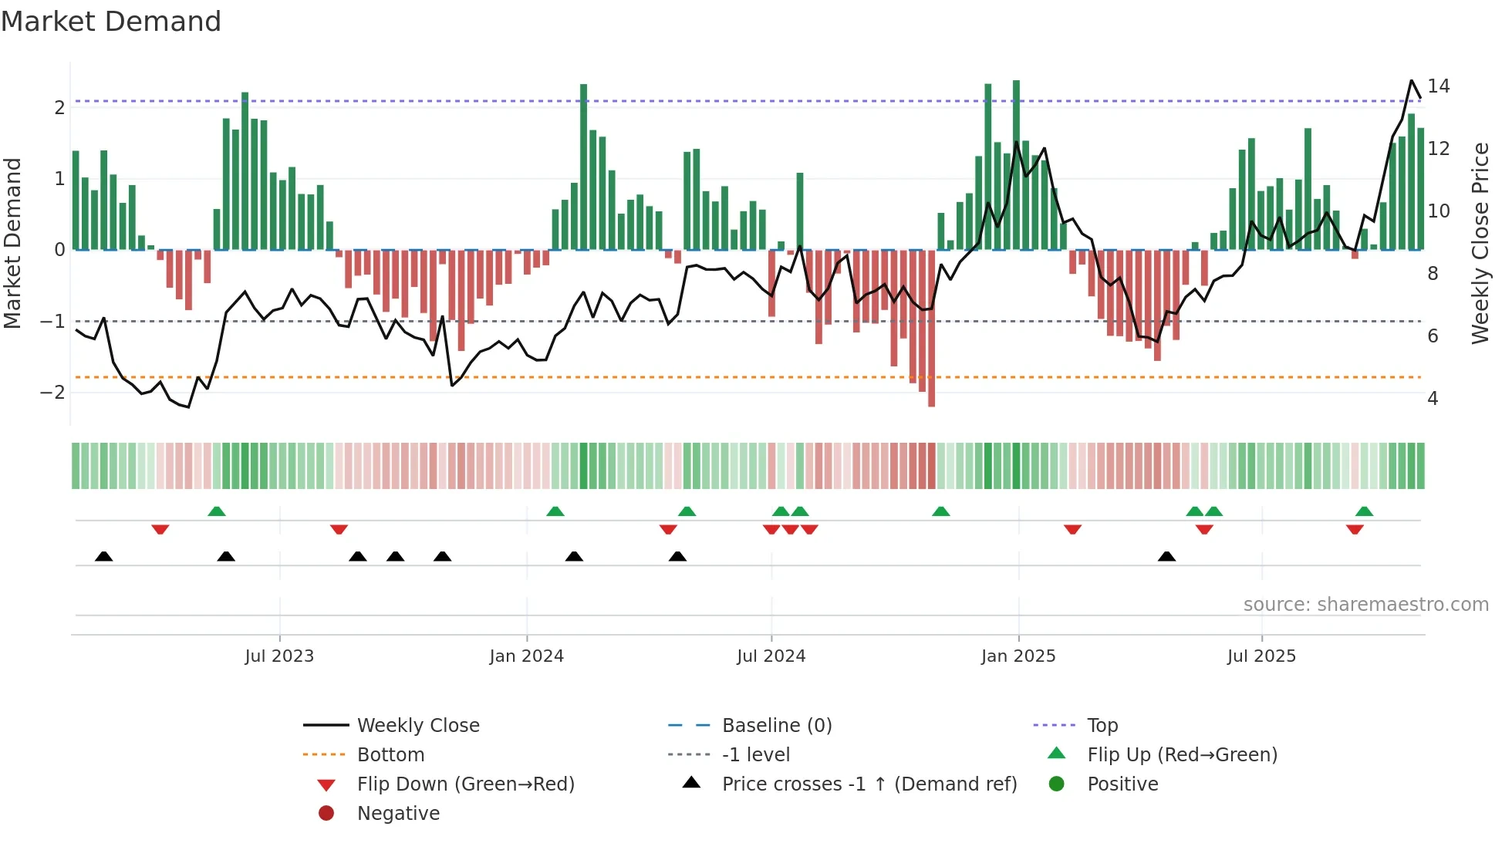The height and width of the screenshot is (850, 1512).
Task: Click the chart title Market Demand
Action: pos(111,22)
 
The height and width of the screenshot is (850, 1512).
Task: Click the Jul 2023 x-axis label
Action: pos(279,656)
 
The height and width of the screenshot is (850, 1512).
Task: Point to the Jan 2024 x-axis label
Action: pos(527,656)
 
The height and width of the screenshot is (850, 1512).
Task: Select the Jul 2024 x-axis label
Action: pos(771,656)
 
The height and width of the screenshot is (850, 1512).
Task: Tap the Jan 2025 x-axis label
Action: pos(1018,656)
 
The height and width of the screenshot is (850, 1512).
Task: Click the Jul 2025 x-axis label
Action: pos(1262,656)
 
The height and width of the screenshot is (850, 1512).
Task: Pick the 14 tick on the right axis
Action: pos(1439,86)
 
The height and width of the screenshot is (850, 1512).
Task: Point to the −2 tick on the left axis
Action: pos(52,393)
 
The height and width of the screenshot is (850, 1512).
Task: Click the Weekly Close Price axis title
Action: pos(1480,243)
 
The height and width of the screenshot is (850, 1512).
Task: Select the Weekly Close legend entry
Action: pos(418,726)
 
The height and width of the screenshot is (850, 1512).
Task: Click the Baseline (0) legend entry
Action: pos(777,726)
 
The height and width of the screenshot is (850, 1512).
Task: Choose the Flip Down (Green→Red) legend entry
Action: pos(465,784)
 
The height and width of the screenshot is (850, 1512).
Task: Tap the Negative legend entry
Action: pos(398,814)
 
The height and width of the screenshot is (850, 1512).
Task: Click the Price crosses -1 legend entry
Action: pos(869,784)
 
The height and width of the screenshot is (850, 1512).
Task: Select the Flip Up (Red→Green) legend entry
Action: pos(1182,755)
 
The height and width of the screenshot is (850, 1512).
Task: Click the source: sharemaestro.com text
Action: pos(1365,605)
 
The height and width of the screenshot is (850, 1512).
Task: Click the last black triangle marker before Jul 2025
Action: pos(1167,557)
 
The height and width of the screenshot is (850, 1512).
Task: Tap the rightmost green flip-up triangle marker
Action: pos(1364,511)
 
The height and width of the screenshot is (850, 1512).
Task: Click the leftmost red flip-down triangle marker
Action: pos(160,529)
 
